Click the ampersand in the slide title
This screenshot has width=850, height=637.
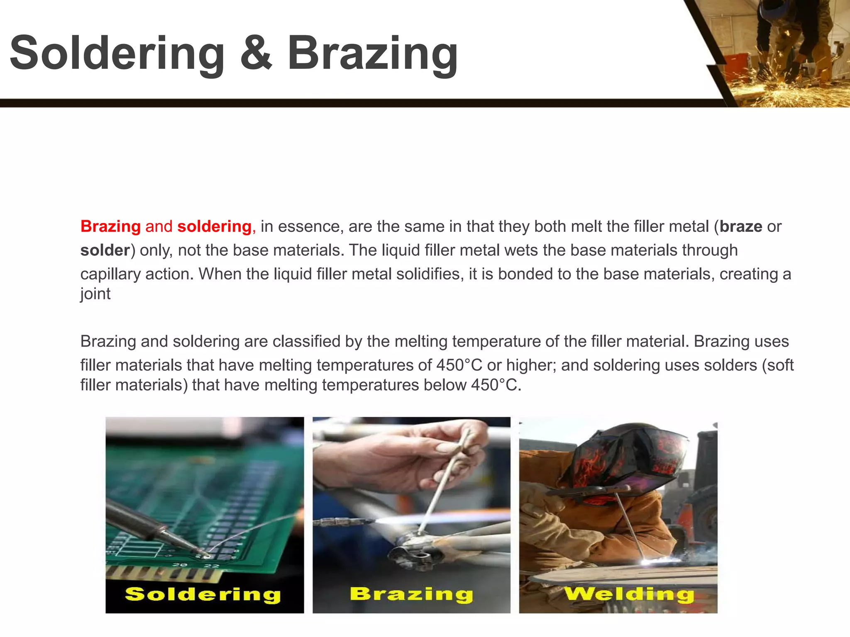(256, 53)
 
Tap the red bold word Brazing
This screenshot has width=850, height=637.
(110, 226)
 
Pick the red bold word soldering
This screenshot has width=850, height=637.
(214, 226)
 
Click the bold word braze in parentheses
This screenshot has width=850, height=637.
(741, 226)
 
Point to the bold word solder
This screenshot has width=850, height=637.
(105, 250)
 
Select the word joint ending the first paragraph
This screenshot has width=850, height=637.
(95, 294)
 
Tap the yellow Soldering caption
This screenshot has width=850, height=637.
(203, 594)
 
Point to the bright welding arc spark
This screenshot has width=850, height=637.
(648, 562)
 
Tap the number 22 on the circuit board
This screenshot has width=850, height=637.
(211, 566)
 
